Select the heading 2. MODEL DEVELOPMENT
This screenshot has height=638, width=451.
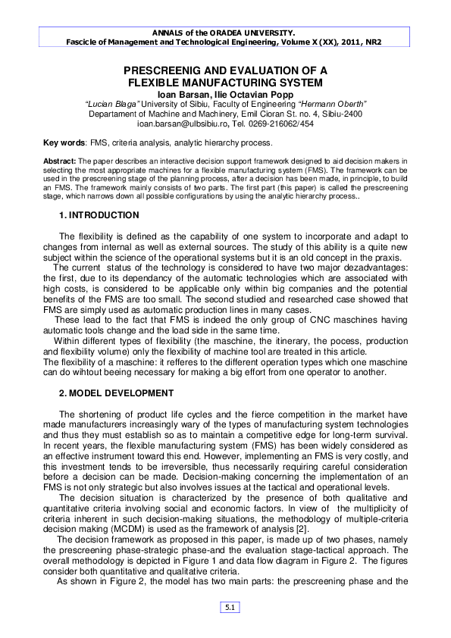(116, 393)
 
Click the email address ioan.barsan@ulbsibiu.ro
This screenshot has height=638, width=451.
(183, 123)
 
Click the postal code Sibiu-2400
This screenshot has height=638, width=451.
(342, 114)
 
